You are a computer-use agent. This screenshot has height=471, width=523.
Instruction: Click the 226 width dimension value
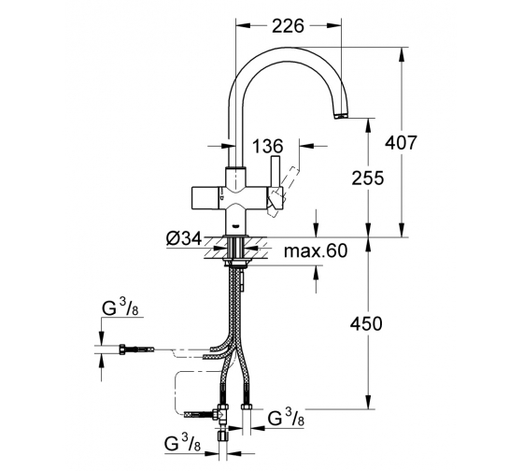click(289, 26)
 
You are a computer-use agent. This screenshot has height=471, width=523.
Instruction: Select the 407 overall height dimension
click(401, 143)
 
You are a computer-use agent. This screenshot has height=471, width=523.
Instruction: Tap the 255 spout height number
click(368, 178)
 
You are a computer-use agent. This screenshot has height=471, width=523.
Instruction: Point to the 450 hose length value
click(366, 323)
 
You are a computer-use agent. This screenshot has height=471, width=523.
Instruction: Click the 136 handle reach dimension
click(267, 146)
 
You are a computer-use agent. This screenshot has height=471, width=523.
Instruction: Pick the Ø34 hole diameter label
click(184, 238)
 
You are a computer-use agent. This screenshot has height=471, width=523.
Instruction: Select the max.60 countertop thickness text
click(316, 250)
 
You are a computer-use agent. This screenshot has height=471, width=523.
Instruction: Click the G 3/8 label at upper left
click(120, 307)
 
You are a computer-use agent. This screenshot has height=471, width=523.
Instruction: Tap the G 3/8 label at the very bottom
click(182, 443)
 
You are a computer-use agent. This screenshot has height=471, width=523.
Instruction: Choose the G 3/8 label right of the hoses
click(286, 417)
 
